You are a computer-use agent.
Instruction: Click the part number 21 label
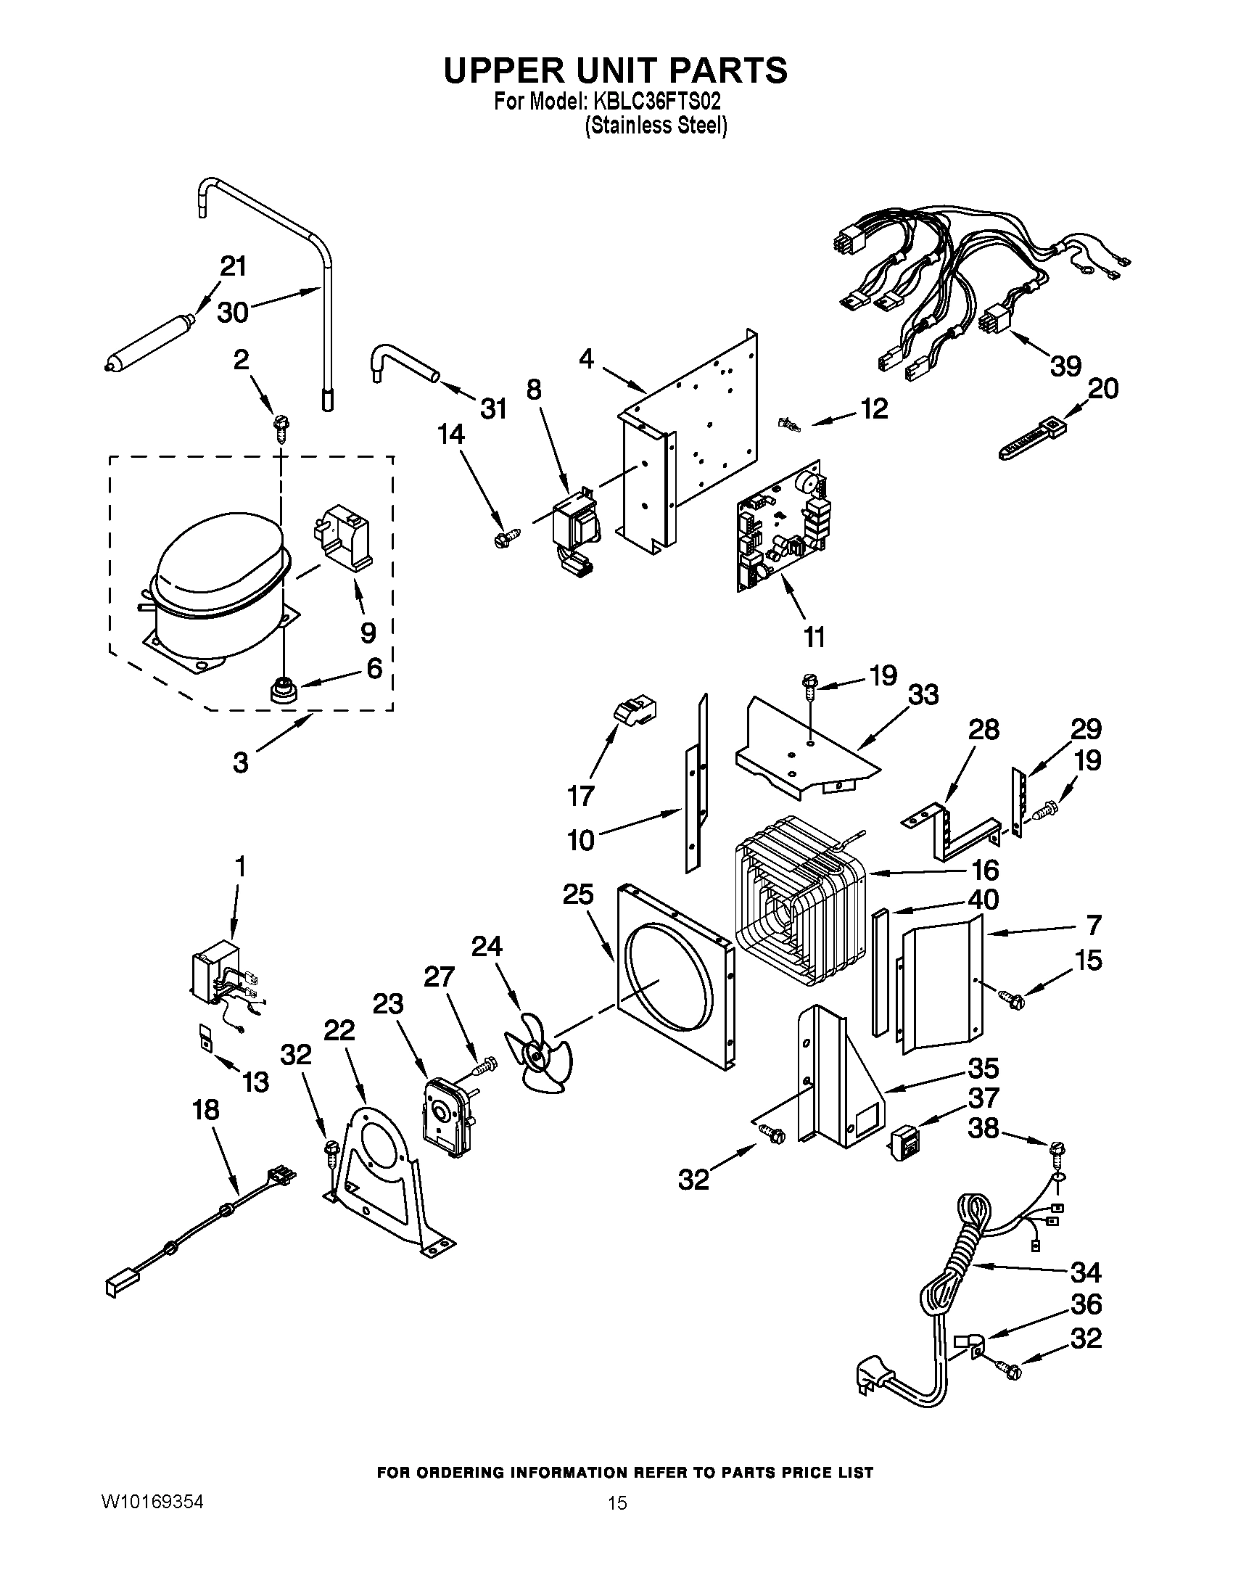pos(233,267)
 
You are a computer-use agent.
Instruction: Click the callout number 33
pos(923,695)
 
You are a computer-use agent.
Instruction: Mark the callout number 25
pos(578,894)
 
